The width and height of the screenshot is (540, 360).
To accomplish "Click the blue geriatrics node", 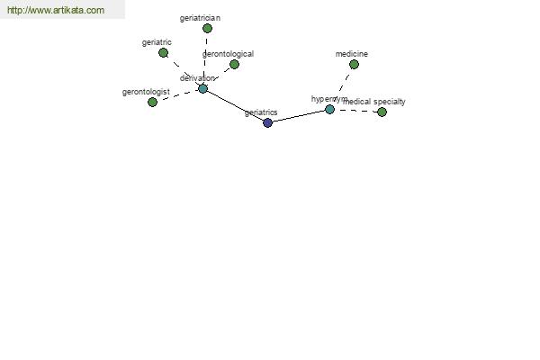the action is (267, 122).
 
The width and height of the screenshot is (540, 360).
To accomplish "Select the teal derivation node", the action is (202, 88).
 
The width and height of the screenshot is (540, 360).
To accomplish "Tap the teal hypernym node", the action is (329, 109).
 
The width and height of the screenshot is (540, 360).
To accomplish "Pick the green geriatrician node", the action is (207, 28).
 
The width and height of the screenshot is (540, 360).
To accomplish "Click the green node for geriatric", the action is (163, 53).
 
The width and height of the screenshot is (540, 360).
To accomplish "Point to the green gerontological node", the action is (234, 65).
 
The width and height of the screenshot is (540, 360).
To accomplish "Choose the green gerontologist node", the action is (152, 102).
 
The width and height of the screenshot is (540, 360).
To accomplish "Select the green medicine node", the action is (354, 65).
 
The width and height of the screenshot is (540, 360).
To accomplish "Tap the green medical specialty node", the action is (382, 112).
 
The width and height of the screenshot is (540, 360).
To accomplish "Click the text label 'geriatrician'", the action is (200, 18).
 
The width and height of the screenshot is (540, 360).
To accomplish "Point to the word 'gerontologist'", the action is (146, 93).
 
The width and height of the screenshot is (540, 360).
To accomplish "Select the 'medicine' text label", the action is (352, 54).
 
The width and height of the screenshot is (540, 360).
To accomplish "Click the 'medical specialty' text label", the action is (374, 102).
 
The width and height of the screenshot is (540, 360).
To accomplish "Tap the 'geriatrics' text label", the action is (261, 112).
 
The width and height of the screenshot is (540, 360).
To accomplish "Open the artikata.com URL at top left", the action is (56, 10).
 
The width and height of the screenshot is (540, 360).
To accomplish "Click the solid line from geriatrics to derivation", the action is (235, 105).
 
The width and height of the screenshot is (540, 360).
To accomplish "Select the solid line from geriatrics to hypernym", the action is (299, 116).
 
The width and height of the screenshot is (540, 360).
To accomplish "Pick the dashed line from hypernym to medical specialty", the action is (355, 111).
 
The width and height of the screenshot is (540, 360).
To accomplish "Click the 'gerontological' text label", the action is (228, 54).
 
